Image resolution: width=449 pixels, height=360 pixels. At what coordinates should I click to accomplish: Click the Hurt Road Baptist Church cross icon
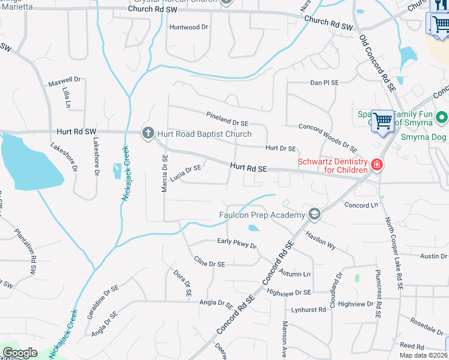tap(148, 133)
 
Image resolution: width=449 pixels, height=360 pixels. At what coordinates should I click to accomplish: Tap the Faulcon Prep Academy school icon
tap(314, 215)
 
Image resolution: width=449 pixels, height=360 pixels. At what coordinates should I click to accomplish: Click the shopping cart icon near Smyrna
tap(382, 121)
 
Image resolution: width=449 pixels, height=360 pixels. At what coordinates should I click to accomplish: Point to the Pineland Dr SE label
tap(227, 119)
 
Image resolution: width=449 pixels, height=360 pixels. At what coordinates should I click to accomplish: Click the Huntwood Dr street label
tap(188, 27)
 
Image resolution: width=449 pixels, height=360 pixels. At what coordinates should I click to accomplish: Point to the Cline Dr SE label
tap(209, 262)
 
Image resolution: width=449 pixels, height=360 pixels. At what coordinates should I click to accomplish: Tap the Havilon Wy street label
tap(321, 238)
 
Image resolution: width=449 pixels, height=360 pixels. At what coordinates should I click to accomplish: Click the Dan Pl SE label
tap(325, 83)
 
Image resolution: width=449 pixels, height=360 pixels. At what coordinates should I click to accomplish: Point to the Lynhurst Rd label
tap(309, 310)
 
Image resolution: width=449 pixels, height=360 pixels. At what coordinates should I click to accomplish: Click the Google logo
tap(20, 353)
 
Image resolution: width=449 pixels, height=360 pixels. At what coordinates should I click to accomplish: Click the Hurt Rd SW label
tap(76, 131)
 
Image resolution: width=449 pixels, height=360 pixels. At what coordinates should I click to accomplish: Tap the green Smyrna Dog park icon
tap(442, 118)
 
